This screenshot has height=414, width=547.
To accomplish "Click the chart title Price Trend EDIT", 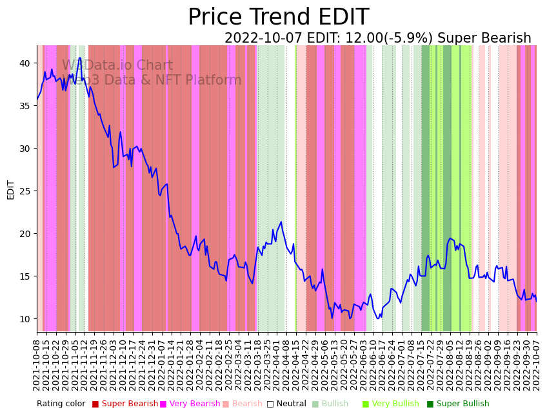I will pyautogui.click(x=278, y=17).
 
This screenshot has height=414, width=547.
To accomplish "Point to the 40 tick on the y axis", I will pyautogui.click(x=25, y=63).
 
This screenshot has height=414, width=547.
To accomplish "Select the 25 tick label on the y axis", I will pyautogui.click(x=25, y=191).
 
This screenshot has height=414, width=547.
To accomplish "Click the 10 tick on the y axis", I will pyautogui.click(x=25, y=319).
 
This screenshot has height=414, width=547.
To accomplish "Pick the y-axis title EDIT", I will pyautogui.click(x=11, y=189).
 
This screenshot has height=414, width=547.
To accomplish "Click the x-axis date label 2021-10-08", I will pyautogui.click(x=37, y=363).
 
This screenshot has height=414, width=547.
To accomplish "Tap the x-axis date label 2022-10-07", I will pyautogui.click(x=537, y=363).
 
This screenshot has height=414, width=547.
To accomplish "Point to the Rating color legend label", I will pyautogui.click(x=61, y=404).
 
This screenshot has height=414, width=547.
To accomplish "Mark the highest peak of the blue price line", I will pyautogui.click(x=80, y=59).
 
